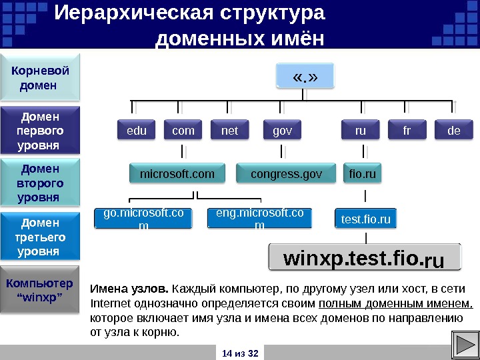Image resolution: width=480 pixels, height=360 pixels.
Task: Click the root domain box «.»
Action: click(305, 77)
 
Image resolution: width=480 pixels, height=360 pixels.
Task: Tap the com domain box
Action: click(183, 131)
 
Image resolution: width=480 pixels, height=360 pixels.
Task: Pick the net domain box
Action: click(229, 131)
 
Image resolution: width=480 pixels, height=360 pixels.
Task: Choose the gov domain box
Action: click(282, 131)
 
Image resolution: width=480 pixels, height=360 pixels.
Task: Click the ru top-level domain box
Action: click(361, 131)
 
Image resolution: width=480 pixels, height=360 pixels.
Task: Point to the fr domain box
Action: click(407, 131)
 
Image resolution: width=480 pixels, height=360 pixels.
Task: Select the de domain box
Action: click(454, 131)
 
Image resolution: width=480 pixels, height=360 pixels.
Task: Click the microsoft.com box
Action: click(177, 175)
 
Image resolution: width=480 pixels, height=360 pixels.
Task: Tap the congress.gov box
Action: click(286, 175)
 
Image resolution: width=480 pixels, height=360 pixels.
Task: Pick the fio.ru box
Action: click(363, 175)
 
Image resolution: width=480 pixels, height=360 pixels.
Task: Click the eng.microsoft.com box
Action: click(259, 219)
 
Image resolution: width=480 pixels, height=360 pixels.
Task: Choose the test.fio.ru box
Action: click(365, 219)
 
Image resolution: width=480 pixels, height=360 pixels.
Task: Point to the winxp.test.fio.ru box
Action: click(364, 258)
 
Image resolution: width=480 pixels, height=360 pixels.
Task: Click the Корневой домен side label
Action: click(39, 77)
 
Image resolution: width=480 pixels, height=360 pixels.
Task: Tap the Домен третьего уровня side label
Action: click(40, 237)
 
